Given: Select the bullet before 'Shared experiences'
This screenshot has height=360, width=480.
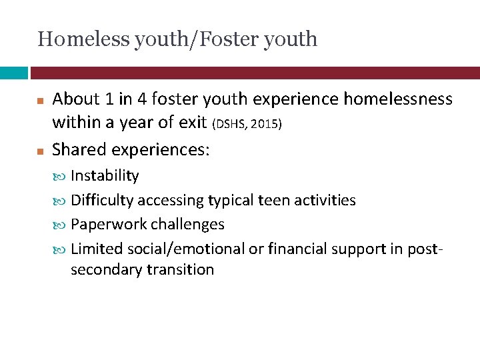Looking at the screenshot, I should [40, 150].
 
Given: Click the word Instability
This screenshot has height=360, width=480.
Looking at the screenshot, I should [105, 176].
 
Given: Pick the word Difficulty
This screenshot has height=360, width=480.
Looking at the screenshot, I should [102, 200].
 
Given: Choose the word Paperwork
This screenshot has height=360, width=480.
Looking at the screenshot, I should [104, 224].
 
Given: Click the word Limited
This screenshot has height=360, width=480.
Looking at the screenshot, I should [93, 249].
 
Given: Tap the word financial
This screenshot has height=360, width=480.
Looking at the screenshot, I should [294, 249].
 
